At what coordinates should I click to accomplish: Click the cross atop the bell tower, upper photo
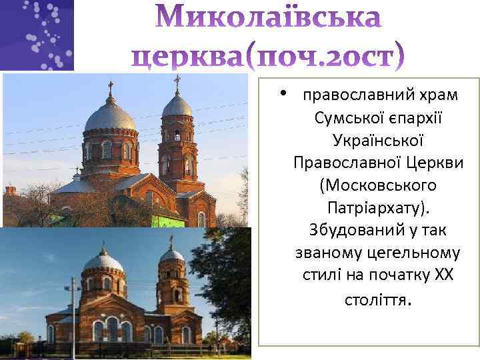[x=177, y=82]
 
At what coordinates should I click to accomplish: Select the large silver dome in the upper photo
[x=110, y=115]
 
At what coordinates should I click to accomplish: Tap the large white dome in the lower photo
[x=103, y=261]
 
